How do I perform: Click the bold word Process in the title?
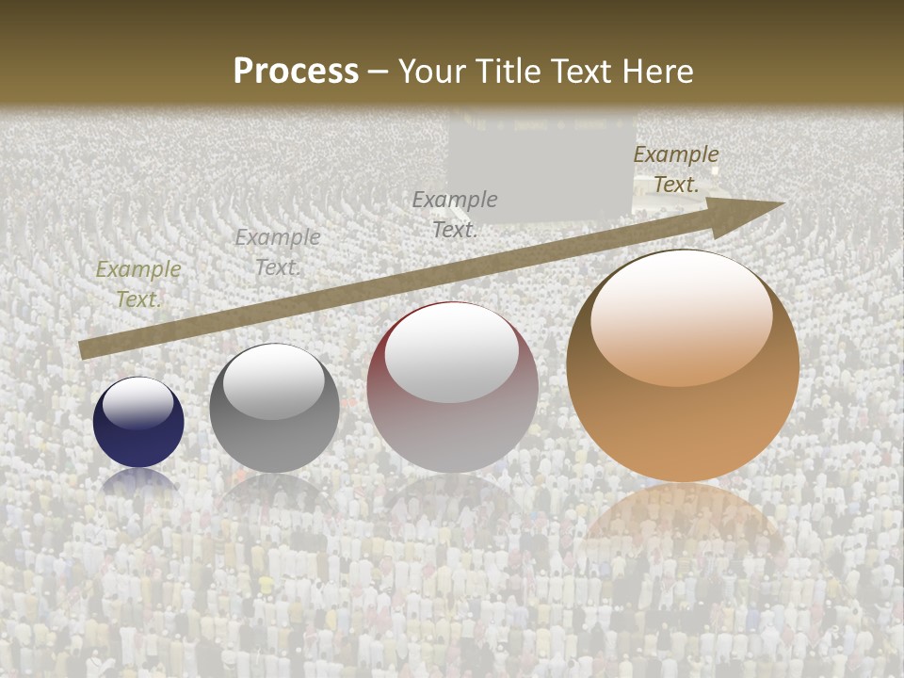tap(296, 72)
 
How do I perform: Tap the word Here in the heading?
tap(656, 72)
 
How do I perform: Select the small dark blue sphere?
tap(138, 422)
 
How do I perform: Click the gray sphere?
tap(274, 408)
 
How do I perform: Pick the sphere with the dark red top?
tap(452, 387)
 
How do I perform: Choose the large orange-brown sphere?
tap(683, 365)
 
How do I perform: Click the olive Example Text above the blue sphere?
tap(138, 284)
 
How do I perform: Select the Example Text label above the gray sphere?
tap(278, 252)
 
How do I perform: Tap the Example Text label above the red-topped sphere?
tap(455, 214)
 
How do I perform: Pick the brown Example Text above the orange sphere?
tap(676, 169)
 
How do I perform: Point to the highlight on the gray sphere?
tap(274, 381)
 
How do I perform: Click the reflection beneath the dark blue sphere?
tap(138, 481)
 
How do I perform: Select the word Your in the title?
tap(431, 72)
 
